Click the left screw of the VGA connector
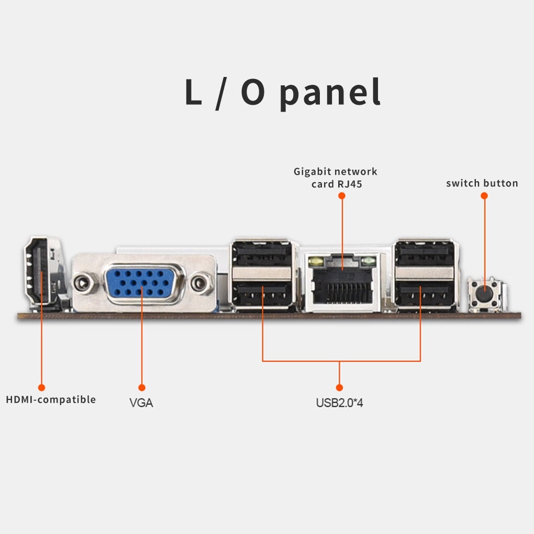pyautogui.click(x=81, y=284)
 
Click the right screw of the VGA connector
pyautogui.click(x=198, y=284)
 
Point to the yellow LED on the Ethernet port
pyautogui.click(x=315, y=260)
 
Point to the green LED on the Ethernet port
pyautogui.click(x=369, y=260)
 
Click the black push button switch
pyautogui.click(x=485, y=288)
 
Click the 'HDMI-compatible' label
pyautogui.click(x=51, y=399)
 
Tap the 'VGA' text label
pyautogui.click(x=141, y=403)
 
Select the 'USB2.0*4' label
pyautogui.click(x=339, y=403)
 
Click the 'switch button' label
pyautogui.click(x=482, y=183)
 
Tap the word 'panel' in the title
pyautogui.click(x=329, y=93)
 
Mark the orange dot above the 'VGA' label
pyautogui.click(x=141, y=387)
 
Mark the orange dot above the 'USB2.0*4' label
pyautogui.click(x=339, y=387)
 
